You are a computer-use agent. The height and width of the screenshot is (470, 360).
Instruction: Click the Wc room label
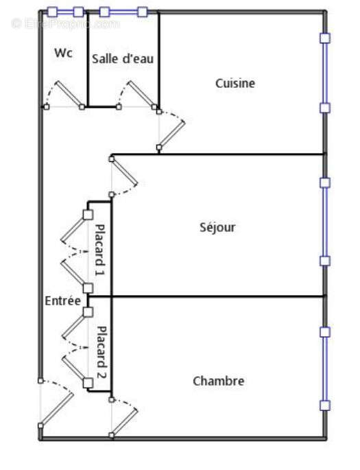coord(64,53)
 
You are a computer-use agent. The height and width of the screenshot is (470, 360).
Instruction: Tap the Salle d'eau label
coord(123,59)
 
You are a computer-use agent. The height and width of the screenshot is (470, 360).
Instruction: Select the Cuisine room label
coord(235,83)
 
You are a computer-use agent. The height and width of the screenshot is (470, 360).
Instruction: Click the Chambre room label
coord(218,381)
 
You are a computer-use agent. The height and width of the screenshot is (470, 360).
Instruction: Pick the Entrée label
coord(62,301)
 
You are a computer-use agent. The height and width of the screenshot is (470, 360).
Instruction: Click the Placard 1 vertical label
coord(100,250)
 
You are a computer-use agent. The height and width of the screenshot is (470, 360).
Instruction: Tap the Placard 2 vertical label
coord(100,353)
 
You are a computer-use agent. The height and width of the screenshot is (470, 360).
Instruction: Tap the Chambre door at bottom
coord(124,416)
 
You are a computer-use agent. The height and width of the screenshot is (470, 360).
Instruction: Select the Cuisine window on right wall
coord(325,73)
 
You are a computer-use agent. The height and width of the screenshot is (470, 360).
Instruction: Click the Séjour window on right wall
coord(325,221)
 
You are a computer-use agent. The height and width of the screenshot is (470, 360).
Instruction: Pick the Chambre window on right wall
coord(325,368)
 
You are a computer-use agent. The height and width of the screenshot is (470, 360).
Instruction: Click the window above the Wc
coord(65,12)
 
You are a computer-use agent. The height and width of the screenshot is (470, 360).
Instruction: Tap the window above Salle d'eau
coord(123,12)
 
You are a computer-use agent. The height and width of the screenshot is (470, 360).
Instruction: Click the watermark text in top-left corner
coord(65,23)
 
